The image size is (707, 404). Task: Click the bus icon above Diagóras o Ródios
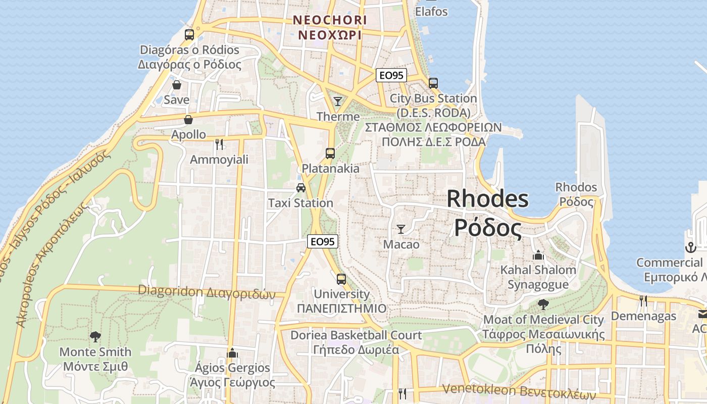click(189, 35)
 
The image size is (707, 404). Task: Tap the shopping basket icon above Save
click(177, 84)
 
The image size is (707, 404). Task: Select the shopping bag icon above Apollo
click(188, 120)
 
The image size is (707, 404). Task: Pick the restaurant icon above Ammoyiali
click(219, 144)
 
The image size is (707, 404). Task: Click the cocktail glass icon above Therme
click(338, 102)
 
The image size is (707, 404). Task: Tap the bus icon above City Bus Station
click(433, 83)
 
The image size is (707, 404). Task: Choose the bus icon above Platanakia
click(330, 153)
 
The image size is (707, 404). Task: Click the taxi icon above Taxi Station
click(301, 188)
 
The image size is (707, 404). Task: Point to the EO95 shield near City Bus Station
click(391, 75)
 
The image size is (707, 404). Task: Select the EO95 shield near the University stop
click(323, 241)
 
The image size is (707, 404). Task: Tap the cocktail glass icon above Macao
click(401, 229)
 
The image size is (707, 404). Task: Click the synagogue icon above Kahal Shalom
click(538, 255)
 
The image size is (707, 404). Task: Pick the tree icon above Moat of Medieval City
click(543, 305)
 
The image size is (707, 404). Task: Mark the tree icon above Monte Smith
click(95, 336)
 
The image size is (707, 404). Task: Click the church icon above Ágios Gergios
click(232, 352)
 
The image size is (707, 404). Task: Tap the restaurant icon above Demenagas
click(643, 301)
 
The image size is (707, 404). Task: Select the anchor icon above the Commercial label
click(690, 247)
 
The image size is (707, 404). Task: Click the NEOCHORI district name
click(330, 20)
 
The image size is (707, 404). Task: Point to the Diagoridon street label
click(207, 291)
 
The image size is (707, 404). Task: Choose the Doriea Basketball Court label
click(356, 335)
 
